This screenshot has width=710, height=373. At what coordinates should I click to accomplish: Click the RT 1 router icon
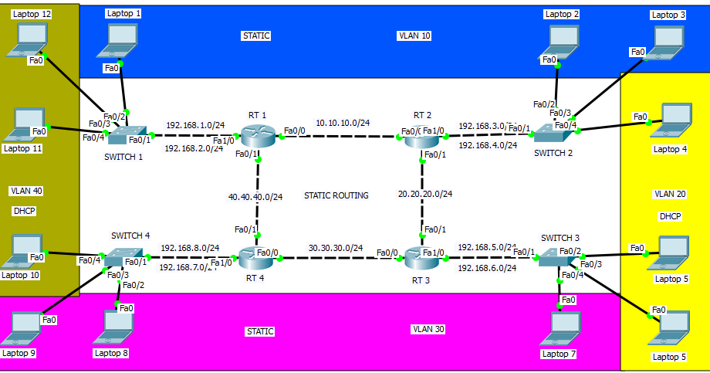[x=258, y=137]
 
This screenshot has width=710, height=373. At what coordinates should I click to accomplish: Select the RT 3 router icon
[x=422, y=256]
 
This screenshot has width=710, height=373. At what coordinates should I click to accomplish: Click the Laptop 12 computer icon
[x=30, y=39]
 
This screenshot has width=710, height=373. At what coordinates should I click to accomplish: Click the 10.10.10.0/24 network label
[x=343, y=123]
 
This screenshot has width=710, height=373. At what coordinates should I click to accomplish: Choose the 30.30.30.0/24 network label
[x=336, y=248]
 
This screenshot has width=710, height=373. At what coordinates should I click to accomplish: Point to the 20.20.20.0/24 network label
[x=424, y=194]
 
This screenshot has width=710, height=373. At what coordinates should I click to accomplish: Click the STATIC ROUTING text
[x=336, y=195]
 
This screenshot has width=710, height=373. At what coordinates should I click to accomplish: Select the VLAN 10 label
[x=414, y=36]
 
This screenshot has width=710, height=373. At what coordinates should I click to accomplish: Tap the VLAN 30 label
[x=428, y=329]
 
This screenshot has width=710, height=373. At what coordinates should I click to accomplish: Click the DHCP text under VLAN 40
[x=25, y=210]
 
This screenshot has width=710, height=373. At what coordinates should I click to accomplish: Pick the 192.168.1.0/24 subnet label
[x=194, y=125]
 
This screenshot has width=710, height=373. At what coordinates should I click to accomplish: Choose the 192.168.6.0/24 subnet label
[x=487, y=268]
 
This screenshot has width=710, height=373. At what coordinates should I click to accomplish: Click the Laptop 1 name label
[x=123, y=13]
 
